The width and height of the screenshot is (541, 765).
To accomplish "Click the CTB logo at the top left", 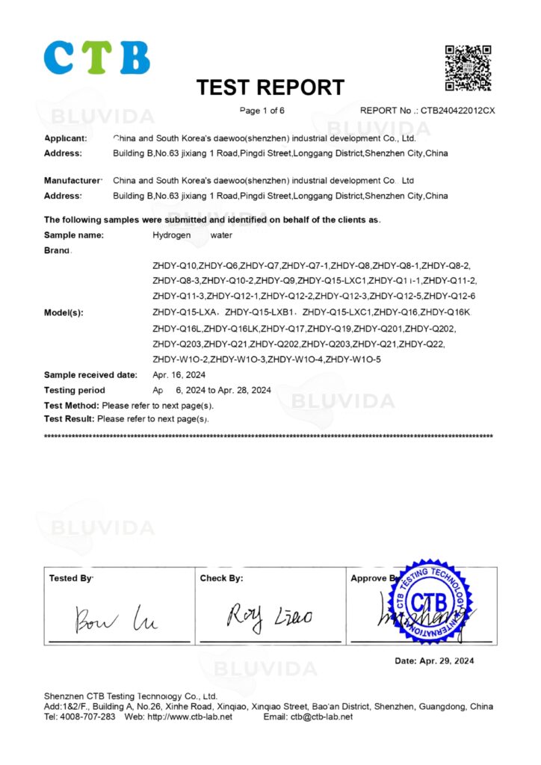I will (x=97, y=58).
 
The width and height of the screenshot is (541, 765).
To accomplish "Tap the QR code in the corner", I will (x=469, y=68).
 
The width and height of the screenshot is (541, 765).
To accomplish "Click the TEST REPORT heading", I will (x=270, y=88).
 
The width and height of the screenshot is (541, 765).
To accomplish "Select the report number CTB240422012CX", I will (x=458, y=111).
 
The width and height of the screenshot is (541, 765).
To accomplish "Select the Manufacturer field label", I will (x=72, y=181).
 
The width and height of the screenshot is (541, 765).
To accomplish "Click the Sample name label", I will (x=73, y=235).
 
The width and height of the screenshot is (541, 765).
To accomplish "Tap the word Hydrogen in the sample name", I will (x=171, y=235).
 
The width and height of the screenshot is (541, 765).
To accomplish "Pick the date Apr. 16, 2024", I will (x=179, y=375).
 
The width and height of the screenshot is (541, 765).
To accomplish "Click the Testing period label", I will (x=75, y=391).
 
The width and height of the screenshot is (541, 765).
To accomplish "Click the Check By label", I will (x=221, y=578).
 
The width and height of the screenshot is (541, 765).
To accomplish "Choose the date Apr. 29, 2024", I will (x=434, y=661).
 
